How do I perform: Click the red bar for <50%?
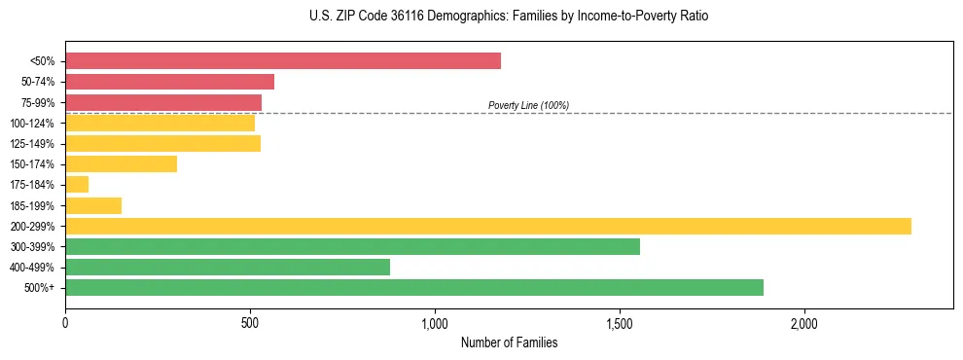pyautogui.click(x=283, y=60)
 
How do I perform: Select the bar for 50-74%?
pyautogui.click(x=169, y=82)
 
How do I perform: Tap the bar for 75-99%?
pyautogui.click(x=163, y=102)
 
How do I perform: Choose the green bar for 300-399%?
pyautogui.click(x=352, y=246)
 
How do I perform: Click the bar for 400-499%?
pyautogui.click(x=228, y=267)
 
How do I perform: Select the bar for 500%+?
pyautogui.click(x=414, y=287)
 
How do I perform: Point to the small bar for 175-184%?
pyautogui.click(x=77, y=184)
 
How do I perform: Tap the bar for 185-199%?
pyautogui.click(x=93, y=205)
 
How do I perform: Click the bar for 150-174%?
pyautogui.click(x=121, y=163)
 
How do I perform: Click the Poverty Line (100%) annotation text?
pyautogui.click(x=528, y=105)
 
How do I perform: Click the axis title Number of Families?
pyautogui.click(x=509, y=342)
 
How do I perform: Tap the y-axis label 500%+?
pyautogui.click(x=40, y=288)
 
